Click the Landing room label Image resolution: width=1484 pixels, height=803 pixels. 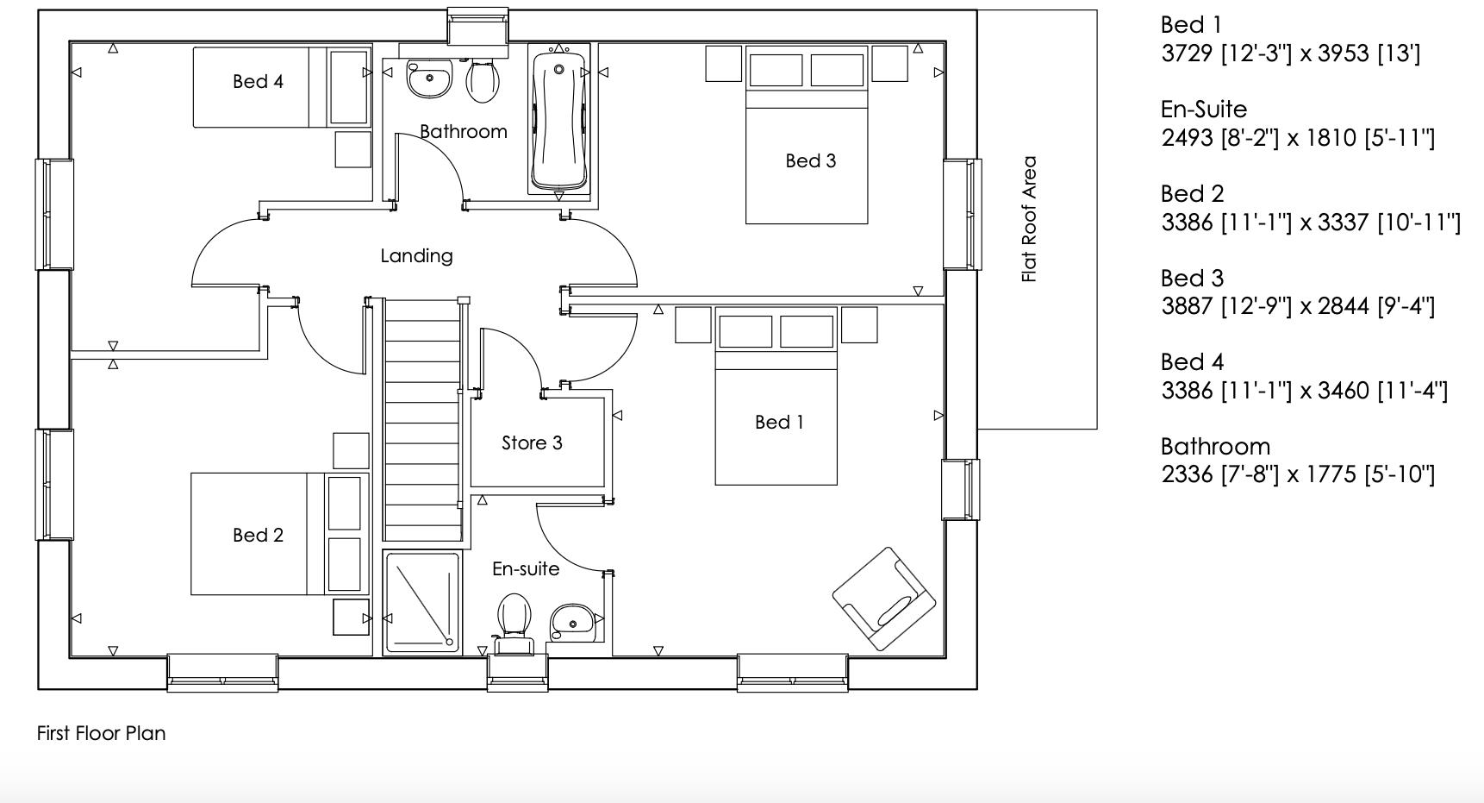(416, 256)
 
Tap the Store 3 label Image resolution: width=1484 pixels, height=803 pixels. (532, 443)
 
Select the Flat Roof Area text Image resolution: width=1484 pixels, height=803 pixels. (1029, 219)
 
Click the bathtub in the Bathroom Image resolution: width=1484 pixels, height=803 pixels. (559, 121)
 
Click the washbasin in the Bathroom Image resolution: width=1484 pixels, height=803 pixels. (429, 79)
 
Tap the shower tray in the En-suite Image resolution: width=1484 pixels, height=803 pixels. (422, 602)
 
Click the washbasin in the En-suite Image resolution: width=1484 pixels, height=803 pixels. (571, 621)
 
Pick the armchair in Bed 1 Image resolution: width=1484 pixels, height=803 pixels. (883, 599)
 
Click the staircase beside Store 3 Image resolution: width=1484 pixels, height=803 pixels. (421, 423)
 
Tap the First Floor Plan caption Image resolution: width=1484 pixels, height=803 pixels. (101, 734)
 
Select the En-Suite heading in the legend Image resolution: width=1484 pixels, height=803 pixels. (1203, 110)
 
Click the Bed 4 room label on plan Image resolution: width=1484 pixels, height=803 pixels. (258, 82)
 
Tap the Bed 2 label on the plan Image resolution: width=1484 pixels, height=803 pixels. (258, 536)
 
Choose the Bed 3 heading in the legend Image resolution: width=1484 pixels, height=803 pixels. (1192, 279)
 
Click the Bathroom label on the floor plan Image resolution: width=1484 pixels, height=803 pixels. (463, 132)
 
